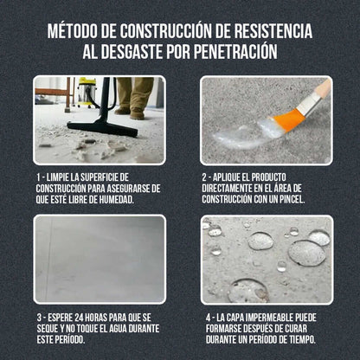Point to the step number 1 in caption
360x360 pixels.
[x=41, y=176]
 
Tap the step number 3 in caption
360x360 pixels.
[x=41, y=316]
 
